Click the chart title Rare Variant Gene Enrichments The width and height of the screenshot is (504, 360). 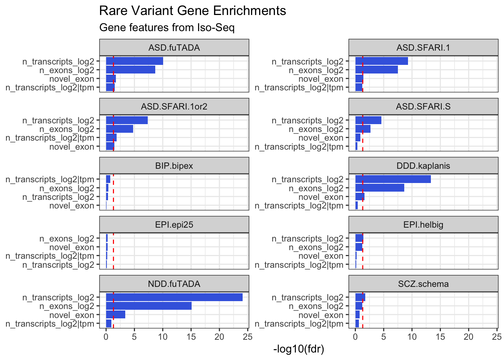[x=192, y=11]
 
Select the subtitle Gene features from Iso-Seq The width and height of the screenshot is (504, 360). [x=167, y=28]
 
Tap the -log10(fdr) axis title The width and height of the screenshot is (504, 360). [x=299, y=349]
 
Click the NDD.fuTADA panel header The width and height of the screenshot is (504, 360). [x=174, y=284]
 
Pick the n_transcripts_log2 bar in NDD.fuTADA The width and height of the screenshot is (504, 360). [x=174, y=297]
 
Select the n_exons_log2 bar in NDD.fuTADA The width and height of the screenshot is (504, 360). [x=148, y=306]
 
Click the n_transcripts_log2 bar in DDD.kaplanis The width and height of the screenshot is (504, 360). [x=393, y=179]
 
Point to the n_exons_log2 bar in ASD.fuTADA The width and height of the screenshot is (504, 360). [x=130, y=70]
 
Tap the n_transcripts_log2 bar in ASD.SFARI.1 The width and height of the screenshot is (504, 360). [x=381, y=61]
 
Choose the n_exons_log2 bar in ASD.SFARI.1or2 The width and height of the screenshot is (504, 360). [x=119, y=129]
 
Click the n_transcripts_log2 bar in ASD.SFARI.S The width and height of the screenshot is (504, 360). [x=368, y=120]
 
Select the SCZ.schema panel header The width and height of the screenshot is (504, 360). [x=423, y=284]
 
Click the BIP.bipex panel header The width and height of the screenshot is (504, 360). [x=174, y=166]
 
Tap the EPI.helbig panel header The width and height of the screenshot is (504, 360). [x=423, y=225]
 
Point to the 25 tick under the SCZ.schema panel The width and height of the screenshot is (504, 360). [x=497, y=336]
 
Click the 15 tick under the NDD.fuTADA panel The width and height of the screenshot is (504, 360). [x=191, y=336]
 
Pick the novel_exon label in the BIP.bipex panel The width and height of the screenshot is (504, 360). [x=72, y=206]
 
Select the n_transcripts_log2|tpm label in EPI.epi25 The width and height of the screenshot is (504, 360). [x=50, y=256]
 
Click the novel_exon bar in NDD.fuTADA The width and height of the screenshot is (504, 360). [x=115, y=315]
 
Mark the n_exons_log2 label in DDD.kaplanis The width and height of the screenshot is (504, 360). [x=316, y=188]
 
